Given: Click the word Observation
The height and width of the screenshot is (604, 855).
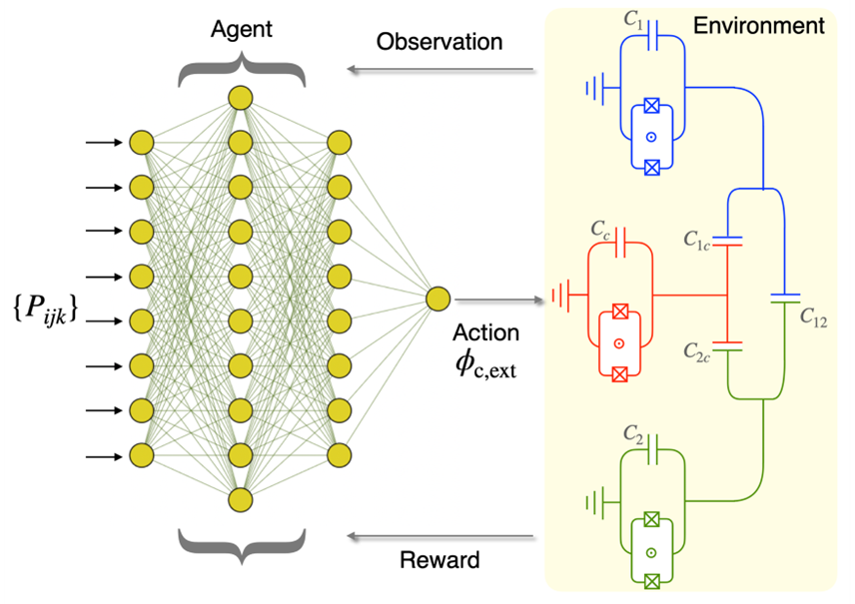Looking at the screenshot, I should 439,43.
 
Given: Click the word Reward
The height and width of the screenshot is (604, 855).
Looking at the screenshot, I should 439,560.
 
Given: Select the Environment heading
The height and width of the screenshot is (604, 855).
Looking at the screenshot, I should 759,25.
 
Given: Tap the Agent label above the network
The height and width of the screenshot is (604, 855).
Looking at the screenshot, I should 241,29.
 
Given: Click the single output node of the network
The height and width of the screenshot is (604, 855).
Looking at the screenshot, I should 436,299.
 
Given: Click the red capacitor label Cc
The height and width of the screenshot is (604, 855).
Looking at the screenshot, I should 600,230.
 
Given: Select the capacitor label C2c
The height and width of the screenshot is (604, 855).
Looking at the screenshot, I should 698,350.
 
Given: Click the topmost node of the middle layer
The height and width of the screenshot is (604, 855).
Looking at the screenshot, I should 240,97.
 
